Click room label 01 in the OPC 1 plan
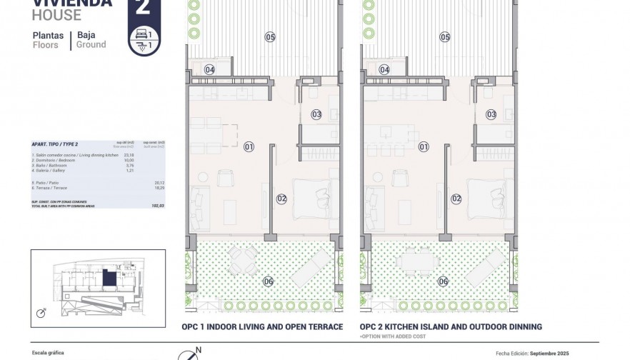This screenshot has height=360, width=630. [249, 147]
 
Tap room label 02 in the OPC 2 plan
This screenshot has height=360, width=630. [456, 199]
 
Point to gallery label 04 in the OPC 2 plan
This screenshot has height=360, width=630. [384, 70]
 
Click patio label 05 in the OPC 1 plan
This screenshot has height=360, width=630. [270, 36]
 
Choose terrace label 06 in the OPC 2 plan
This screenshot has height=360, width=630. [444, 281]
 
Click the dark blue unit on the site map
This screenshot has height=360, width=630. [108, 276]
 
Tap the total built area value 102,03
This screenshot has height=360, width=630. [149, 205]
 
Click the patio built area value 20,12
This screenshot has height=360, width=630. [149, 182]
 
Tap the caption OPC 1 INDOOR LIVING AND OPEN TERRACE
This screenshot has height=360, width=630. [263, 327]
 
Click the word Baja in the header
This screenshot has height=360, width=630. [86, 34]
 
